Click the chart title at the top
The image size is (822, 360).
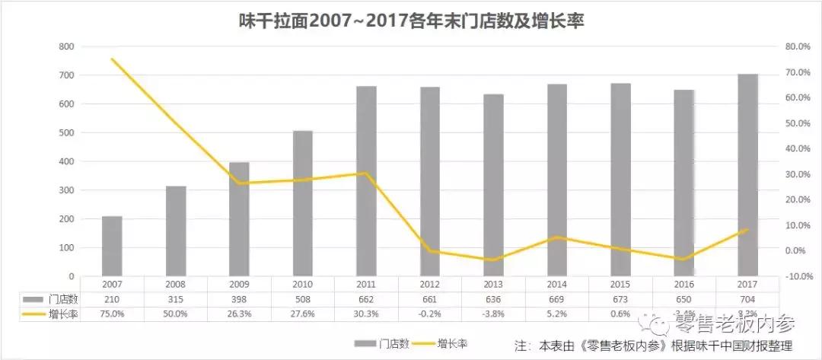[411, 21]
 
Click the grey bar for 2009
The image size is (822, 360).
[239, 219]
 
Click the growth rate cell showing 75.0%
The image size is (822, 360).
[112, 314]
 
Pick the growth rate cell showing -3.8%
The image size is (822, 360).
[493, 314]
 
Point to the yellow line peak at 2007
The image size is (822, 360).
[112, 59]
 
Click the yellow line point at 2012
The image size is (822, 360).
[430, 251]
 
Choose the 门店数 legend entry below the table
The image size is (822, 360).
[384, 344]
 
